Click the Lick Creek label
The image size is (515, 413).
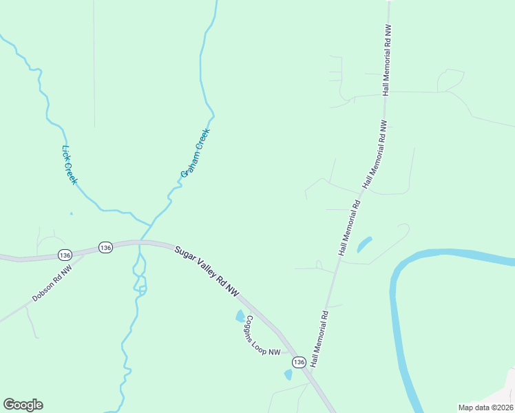[x=70, y=165]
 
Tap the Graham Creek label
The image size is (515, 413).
[x=195, y=151]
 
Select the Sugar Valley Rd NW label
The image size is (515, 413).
[x=207, y=272]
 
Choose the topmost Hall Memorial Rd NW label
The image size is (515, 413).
[x=386, y=62]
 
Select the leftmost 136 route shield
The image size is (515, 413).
[x=64, y=253]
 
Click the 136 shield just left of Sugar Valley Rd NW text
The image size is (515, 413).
[x=105, y=247]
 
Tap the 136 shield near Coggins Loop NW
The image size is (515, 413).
[x=298, y=362]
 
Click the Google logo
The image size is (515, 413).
[x=23, y=405]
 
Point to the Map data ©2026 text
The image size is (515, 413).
[x=485, y=407]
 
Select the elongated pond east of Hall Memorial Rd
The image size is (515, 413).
[x=364, y=244]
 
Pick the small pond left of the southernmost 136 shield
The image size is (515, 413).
[x=288, y=374]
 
